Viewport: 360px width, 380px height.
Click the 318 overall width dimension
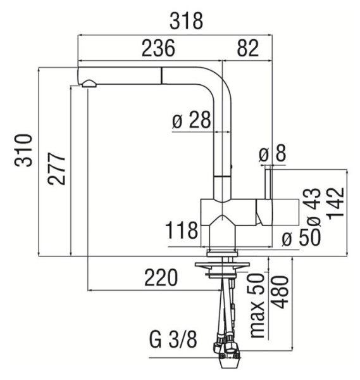click(x=186, y=21)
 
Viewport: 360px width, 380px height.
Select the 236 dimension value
click(x=158, y=48)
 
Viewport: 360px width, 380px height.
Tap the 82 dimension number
click(x=247, y=48)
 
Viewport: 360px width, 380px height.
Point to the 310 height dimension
click(x=23, y=150)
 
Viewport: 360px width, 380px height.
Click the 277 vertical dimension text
click(x=57, y=168)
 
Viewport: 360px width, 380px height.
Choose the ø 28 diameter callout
click(x=191, y=120)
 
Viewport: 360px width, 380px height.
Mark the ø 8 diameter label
click(x=272, y=153)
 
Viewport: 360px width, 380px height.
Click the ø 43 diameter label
click(x=314, y=206)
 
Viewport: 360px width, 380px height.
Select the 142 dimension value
click(x=336, y=203)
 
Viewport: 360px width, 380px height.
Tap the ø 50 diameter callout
click(x=301, y=237)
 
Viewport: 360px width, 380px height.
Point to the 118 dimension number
click(x=182, y=231)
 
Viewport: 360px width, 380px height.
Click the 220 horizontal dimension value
click(x=161, y=277)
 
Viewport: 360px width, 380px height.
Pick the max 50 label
click(x=257, y=305)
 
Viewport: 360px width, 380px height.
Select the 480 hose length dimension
click(x=280, y=292)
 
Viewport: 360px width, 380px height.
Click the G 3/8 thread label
click(x=173, y=339)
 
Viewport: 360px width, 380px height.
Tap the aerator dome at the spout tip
click(x=89, y=84)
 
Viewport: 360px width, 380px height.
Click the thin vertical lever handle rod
click(x=268, y=184)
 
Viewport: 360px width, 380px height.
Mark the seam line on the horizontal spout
click(x=161, y=76)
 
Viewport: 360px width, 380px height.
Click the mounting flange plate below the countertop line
click(x=222, y=265)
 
